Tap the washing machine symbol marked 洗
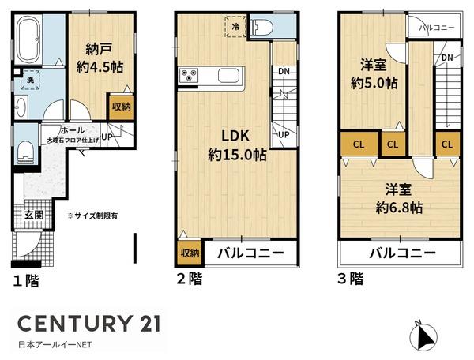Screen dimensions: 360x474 (x=28, y=81)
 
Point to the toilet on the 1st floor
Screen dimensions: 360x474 (x=24, y=150)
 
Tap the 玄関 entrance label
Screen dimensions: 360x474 (x=34, y=214)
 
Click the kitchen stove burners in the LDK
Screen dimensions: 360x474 (x=191, y=76)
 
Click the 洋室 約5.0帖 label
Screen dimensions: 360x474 (x=374, y=73)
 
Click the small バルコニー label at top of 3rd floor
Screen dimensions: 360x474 (x=435, y=28)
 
